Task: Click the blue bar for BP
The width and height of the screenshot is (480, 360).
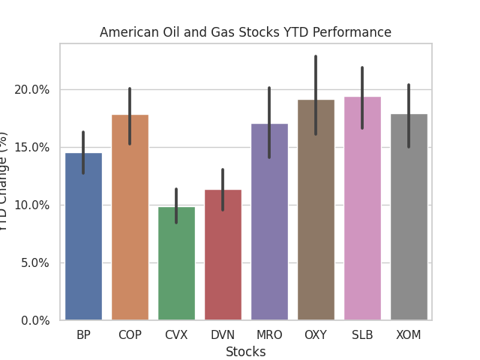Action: pos(83,237)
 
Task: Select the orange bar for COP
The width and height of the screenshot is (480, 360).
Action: pos(130,217)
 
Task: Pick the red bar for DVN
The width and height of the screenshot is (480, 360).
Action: pos(223,255)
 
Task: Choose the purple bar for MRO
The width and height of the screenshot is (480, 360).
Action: pos(269,222)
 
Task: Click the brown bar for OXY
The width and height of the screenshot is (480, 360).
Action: pos(316,210)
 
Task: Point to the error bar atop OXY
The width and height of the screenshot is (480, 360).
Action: pos(316,94)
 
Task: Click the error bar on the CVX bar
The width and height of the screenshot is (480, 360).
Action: pos(176,205)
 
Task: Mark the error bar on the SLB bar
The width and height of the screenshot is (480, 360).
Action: pos(362,97)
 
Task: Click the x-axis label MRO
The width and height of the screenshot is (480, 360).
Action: pos(269,335)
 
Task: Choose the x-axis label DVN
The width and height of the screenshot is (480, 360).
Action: pos(223,335)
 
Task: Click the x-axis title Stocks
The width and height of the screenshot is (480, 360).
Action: pos(245,352)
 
